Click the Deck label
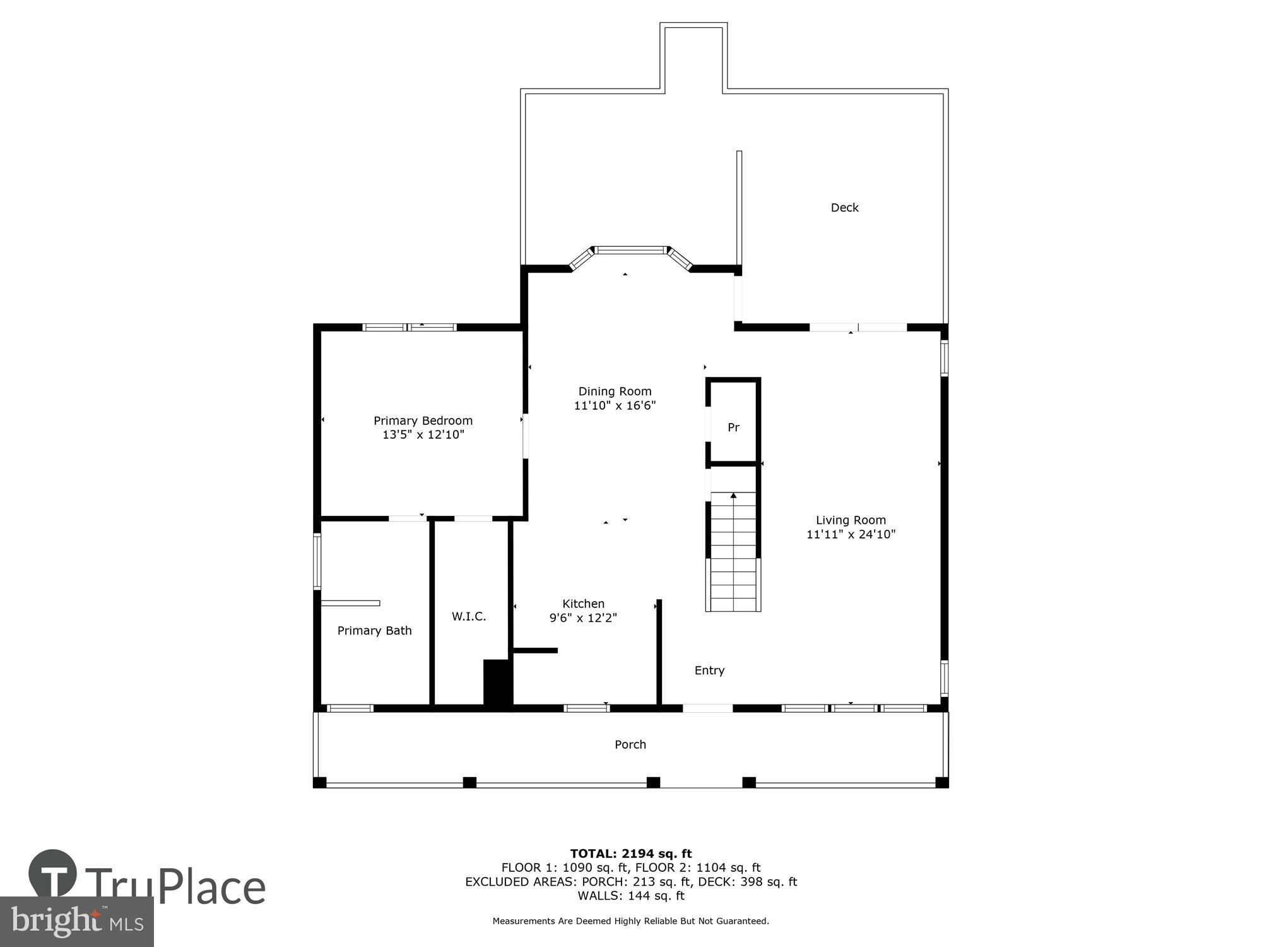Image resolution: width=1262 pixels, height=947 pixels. tap(844, 208)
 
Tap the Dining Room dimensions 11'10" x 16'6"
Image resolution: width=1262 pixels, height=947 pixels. tap(615, 405)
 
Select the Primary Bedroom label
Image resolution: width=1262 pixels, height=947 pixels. tap(423, 420)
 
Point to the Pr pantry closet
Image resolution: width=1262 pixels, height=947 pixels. tap(733, 427)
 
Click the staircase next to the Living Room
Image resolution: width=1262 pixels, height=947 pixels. tap(733, 552)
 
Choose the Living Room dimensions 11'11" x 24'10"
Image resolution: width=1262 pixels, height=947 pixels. tap(851, 534)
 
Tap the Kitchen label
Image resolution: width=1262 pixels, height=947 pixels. tap(583, 604)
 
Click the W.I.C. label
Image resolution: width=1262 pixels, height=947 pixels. tap(469, 616)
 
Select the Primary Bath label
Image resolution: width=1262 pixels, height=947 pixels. tap(374, 631)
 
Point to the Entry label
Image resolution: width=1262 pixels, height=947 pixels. tap(709, 670)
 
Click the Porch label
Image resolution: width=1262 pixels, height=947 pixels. tap(630, 744)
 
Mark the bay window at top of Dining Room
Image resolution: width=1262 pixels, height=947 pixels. tap(630, 250)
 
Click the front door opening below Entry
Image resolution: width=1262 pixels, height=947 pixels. tap(707, 708)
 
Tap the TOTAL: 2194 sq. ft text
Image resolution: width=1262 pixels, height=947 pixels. tap(630, 854)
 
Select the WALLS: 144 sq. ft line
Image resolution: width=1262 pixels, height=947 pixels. tap(630, 895)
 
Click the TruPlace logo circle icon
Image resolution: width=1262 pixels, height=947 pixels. tap(53, 874)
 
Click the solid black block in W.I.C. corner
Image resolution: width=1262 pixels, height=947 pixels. tap(497, 682)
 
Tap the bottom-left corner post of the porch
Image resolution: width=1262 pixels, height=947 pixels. tap(320, 783)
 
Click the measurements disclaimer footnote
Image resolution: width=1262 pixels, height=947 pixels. tap(630, 921)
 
